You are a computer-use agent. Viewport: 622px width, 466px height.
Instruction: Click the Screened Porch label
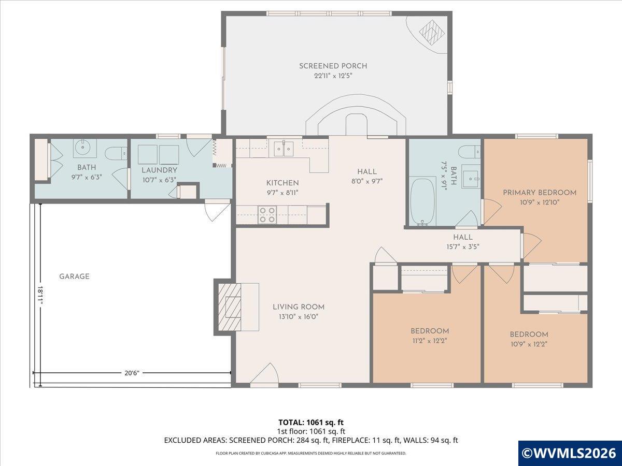coord(333,66)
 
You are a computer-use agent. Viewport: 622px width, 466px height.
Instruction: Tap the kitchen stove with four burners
coord(267,215)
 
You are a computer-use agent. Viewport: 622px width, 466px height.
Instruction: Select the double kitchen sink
coord(284,148)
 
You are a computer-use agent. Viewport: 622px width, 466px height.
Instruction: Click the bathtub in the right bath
coord(423,202)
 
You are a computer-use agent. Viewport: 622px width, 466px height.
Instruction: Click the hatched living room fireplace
coord(230,307)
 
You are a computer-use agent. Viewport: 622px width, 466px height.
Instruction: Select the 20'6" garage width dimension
coord(132,373)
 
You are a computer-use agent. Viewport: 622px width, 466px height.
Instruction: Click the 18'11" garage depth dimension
coord(40,295)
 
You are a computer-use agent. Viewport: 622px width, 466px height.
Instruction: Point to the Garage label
coord(74,276)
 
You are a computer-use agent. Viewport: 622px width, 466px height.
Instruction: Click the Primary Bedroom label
coord(540,193)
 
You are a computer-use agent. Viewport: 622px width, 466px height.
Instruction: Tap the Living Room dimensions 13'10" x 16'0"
coord(299,316)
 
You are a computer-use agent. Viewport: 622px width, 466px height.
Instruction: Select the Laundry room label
coord(159,170)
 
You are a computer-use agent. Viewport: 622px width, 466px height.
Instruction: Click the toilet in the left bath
coord(117,154)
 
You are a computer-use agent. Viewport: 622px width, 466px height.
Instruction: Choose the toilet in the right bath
coord(469,152)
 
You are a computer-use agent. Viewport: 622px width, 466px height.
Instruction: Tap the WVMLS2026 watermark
coord(570,453)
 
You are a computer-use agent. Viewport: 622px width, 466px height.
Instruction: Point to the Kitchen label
coord(282,183)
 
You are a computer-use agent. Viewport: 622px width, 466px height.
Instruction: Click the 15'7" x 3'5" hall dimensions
coord(463,247)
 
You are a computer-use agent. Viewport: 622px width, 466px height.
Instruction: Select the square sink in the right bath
coord(470,179)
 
